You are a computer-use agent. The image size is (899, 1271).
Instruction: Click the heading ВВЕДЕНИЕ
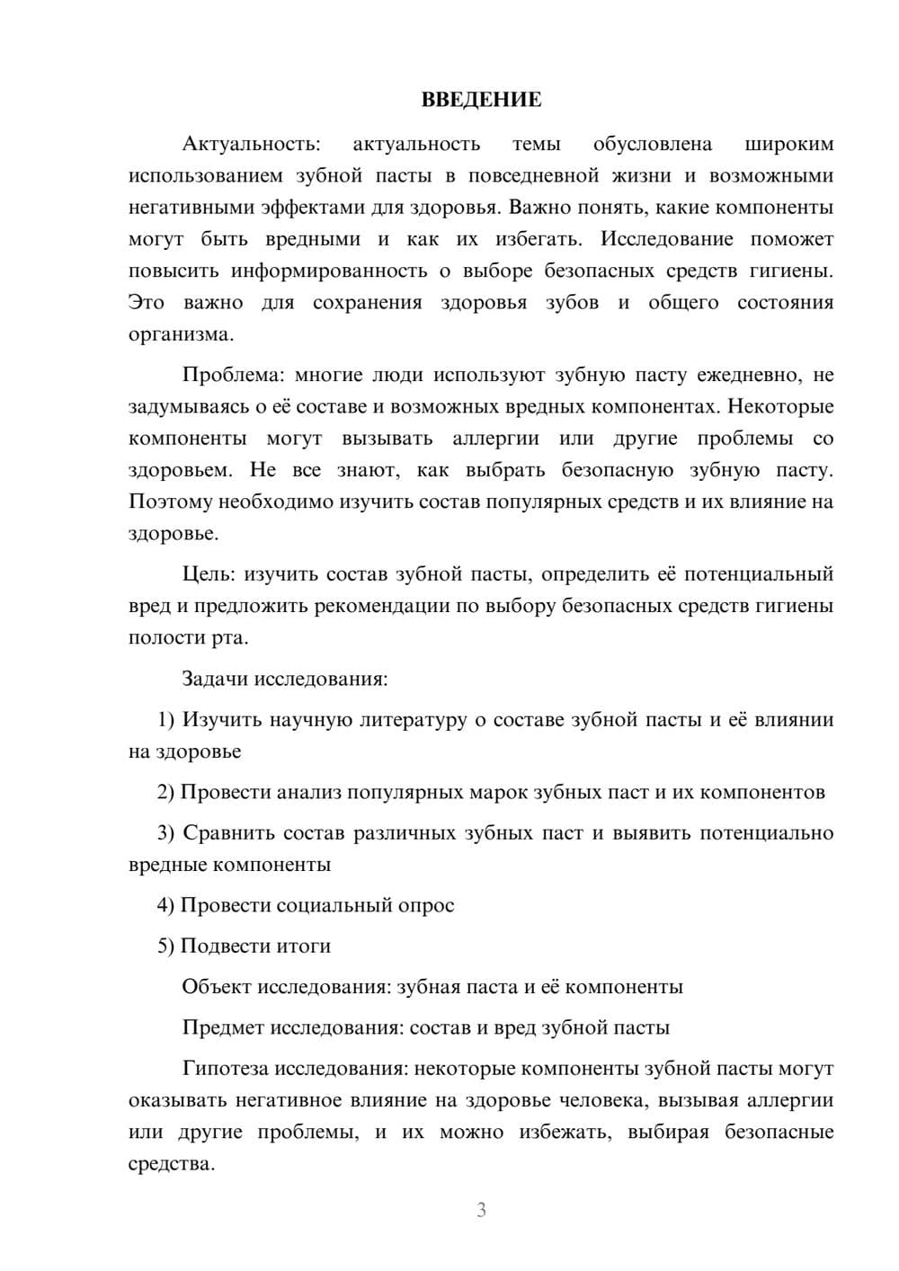(x=481, y=100)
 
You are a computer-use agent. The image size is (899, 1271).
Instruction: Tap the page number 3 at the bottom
(x=481, y=1210)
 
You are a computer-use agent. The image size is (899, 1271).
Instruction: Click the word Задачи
(x=215, y=678)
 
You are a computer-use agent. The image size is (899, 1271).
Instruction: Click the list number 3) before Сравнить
(x=166, y=832)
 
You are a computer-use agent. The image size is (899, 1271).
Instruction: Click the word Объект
(x=216, y=987)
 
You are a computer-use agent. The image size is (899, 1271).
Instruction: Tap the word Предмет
(x=222, y=1027)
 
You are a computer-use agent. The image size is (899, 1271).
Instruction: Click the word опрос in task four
(x=425, y=905)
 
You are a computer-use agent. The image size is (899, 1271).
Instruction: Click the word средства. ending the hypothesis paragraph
(x=172, y=1164)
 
